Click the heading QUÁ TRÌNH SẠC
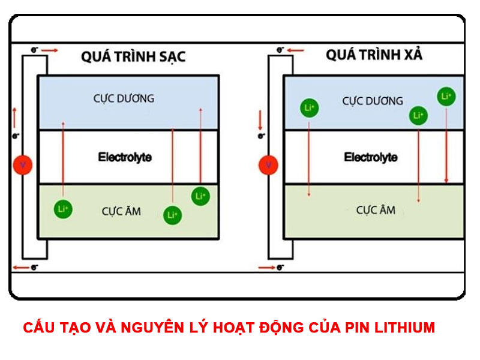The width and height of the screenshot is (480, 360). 133,57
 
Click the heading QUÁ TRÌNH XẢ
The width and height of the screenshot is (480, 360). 374,55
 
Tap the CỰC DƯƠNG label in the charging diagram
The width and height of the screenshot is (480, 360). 124,98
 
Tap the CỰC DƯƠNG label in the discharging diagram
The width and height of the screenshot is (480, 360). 373,101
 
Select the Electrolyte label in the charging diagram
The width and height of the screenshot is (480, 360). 125,157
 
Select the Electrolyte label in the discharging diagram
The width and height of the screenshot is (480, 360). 370,157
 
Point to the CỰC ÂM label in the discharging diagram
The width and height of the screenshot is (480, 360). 376,211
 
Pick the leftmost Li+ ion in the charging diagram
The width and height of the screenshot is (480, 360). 62,209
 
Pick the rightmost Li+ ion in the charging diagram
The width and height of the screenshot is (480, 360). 200,196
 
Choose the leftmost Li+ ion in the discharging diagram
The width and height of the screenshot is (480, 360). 309,108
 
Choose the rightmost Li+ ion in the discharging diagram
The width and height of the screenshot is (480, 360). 446,96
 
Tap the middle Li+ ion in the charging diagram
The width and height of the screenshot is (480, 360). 172,214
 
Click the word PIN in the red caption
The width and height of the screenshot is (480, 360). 356,328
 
